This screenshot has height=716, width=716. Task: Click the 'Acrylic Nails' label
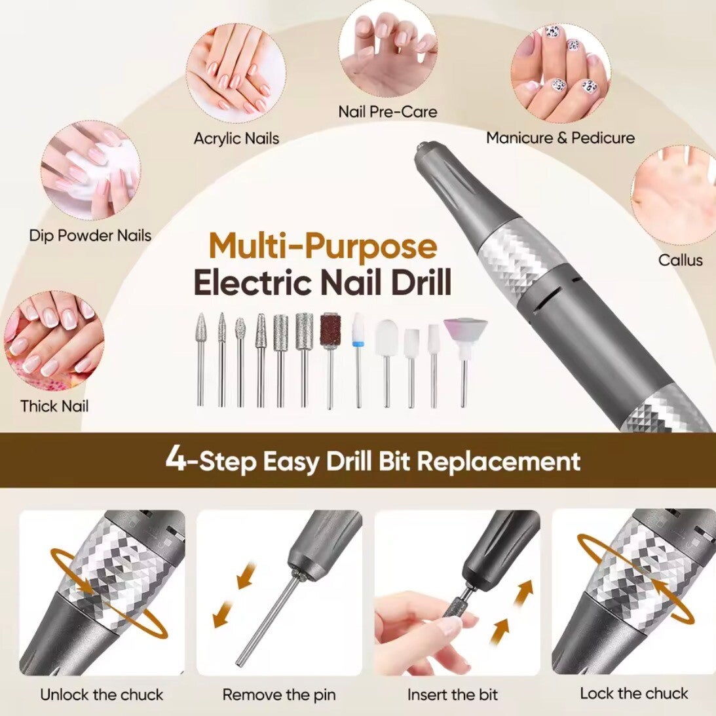click(x=236, y=138)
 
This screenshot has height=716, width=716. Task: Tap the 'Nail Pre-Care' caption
click(x=387, y=111)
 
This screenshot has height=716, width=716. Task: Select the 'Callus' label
click(x=680, y=260)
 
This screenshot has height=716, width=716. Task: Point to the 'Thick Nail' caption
click(x=54, y=406)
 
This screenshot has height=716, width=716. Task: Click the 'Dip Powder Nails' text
click(x=90, y=236)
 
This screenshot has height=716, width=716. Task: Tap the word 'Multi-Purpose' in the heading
click(x=323, y=246)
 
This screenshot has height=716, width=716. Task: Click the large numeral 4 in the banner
click(x=176, y=459)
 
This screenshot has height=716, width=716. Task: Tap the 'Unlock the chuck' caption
click(x=102, y=694)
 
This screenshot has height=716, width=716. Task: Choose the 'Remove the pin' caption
click(x=279, y=694)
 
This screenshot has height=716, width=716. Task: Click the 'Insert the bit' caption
click(x=453, y=694)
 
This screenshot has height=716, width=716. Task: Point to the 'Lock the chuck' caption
click(x=633, y=693)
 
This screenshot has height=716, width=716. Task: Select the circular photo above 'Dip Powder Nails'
click(x=90, y=171)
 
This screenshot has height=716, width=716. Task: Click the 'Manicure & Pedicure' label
click(x=560, y=138)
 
